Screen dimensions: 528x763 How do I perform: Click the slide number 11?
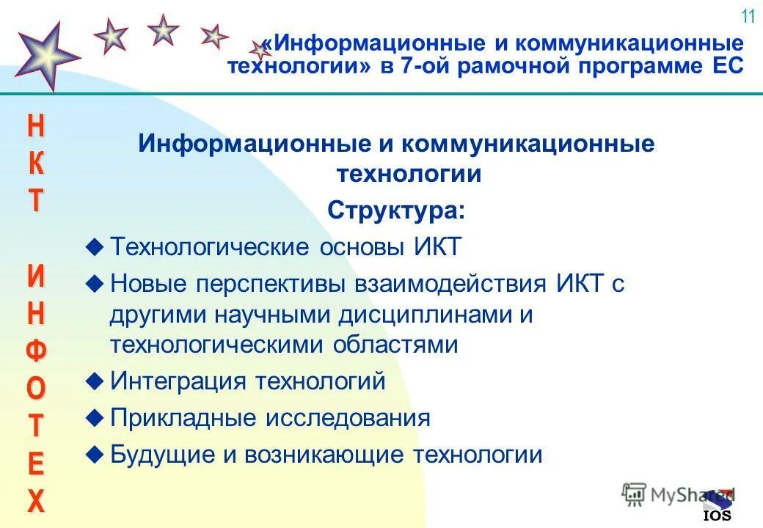click(748, 16)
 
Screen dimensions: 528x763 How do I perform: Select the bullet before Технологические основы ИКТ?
click(93, 247)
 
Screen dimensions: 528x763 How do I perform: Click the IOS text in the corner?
click(717, 515)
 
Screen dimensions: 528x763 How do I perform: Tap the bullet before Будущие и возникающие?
click(93, 455)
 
